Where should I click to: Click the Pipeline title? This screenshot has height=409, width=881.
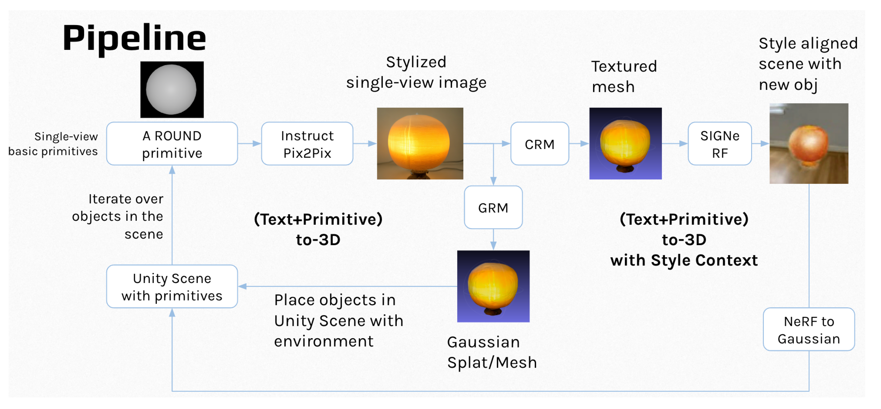coord(134,38)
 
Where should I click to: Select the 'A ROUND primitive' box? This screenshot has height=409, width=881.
coord(172,144)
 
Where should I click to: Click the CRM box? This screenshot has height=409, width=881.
coord(539,144)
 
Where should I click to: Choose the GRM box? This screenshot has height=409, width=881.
coord(493,208)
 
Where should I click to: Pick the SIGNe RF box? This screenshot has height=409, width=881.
coord(719,144)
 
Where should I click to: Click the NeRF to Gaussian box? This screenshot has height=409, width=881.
coord(808,329)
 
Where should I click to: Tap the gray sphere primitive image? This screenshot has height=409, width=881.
coord(172,90)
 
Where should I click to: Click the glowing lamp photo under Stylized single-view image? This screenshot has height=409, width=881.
coord(420,143)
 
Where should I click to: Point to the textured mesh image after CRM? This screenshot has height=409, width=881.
coord(625,143)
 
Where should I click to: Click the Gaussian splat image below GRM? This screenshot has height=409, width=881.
coord(493,286)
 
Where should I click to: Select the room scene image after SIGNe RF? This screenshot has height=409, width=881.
coord(808,143)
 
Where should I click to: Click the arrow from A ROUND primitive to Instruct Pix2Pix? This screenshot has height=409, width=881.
coord(249,143)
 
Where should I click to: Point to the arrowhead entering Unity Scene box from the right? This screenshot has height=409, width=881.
coord(242,286)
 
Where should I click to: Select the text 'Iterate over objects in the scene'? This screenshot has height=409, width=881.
coord(118,216)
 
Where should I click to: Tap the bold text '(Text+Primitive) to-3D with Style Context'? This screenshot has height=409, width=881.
coord(684,240)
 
